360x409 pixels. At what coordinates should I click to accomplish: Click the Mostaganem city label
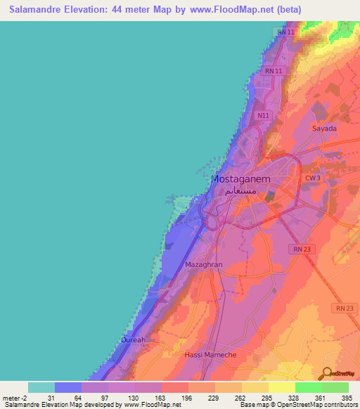point(240,178)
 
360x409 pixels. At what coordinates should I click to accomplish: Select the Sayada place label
point(324,129)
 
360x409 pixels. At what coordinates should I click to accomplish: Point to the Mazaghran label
point(203,265)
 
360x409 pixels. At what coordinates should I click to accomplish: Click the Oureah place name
point(133,339)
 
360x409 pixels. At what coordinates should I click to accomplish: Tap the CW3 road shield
point(313,178)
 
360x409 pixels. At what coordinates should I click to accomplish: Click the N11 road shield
point(263,115)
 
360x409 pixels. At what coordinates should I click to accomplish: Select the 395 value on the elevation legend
point(347,398)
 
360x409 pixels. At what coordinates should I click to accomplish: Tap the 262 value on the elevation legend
point(241,398)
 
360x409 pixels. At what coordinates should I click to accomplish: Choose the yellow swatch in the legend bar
point(281,387)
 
